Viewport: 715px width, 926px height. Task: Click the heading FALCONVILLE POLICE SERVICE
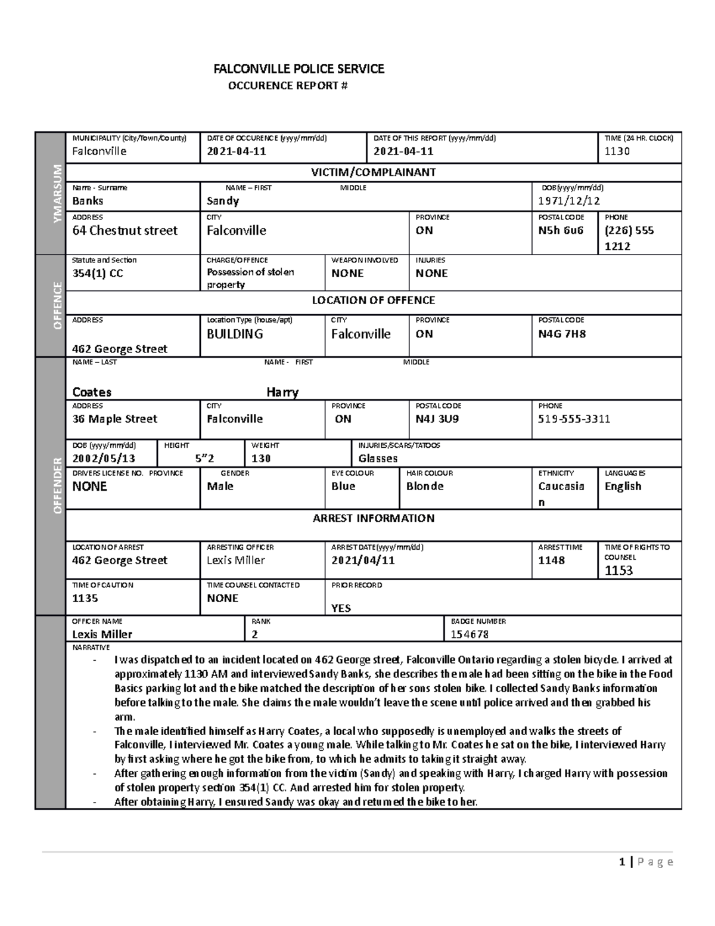pyautogui.click(x=299, y=69)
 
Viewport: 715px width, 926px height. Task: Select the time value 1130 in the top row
pyautogui.click(x=617, y=151)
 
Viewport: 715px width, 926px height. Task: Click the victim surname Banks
pyautogui.click(x=88, y=201)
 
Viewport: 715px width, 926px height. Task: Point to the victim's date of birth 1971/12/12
pyautogui.click(x=570, y=201)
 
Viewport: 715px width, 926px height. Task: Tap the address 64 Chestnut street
pyautogui.click(x=125, y=231)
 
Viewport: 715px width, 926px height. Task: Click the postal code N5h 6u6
pyautogui.click(x=561, y=231)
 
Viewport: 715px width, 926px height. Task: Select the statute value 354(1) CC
pyautogui.click(x=98, y=274)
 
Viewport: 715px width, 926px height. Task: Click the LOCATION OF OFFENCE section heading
pyautogui.click(x=373, y=301)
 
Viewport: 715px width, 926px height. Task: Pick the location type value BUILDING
pyautogui.click(x=234, y=335)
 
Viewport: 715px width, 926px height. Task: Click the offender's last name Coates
pyautogui.click(x=92, y=392)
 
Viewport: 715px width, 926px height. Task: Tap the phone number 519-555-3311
pyautogui.click(x=574, y=419)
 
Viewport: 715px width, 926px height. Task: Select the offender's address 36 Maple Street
pyautogui.click(x=114, y=419)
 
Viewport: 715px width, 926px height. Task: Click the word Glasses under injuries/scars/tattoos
pyautogui.click(x=378, y=459)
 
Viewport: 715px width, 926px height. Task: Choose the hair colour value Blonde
pyautogui.click(x=425, y=487)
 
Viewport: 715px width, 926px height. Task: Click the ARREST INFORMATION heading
pyautogui.click(x=373, y=518)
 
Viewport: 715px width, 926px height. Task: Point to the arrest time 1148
pyautogui.click(x=551, y=560)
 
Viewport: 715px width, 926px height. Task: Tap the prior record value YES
pyautogui.click(x=341, y=608)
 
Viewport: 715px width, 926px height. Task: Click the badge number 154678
pyautogui.click(x=470, y=634)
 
